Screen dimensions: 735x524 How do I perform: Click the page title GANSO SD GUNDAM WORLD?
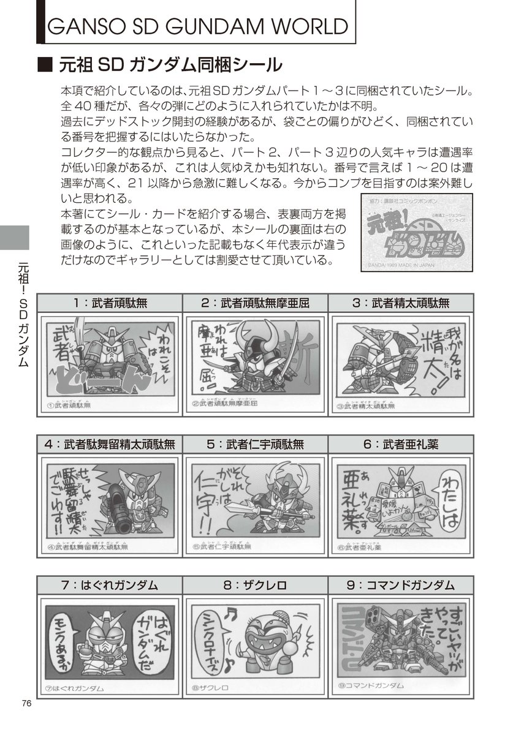(x=197, y=27)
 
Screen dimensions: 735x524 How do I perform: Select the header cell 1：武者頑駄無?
(x=110, y=303)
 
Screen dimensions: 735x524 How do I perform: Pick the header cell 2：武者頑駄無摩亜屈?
(x=255, y=303)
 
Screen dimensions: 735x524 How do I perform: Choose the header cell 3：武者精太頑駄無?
(x=401, y=303)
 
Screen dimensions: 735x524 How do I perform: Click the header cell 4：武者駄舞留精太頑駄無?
(x=110, y=443)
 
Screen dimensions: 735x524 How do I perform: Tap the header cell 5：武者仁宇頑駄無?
(x=255, y=443)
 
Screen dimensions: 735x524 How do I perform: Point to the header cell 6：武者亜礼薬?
(x=401, y=443)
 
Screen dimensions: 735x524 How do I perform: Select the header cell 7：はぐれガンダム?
(x=110, y=585)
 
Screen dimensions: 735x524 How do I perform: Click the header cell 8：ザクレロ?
(x=255, y=585)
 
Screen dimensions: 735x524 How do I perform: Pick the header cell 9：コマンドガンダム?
(x=401, y=585)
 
